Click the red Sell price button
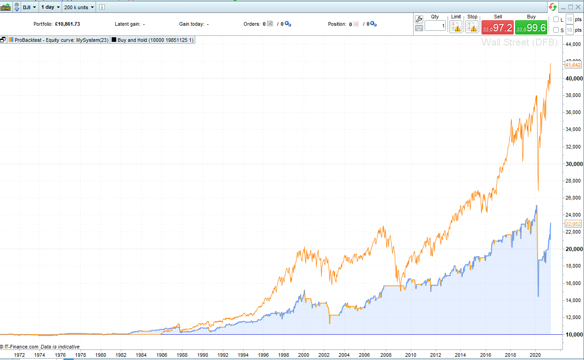point(497,28)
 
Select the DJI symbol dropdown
point(30,7)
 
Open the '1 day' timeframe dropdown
point(50,7)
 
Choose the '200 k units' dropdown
point(79,7)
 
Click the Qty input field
point(435,26)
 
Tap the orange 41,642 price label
point(573,65)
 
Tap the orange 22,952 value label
point(573,224)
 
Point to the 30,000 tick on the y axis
point(574,164)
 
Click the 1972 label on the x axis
point(19,355)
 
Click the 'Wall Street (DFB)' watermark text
point(519,43)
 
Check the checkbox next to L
point(556,19)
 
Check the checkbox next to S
point(556,30)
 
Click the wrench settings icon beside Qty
point(419,19)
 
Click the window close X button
point(578,7)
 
